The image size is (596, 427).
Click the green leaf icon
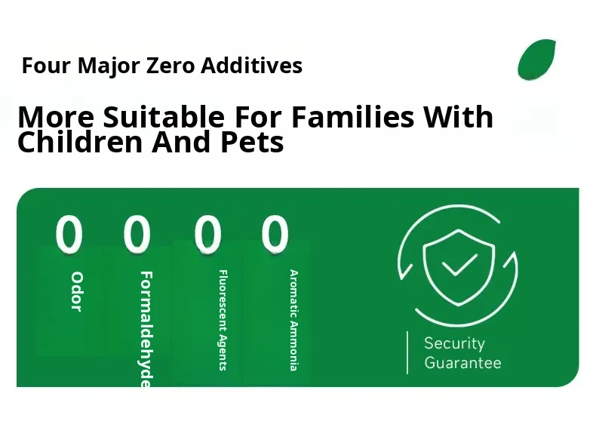[536, 60]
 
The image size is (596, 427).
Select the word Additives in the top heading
[252, 65]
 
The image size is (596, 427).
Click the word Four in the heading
[46, 66]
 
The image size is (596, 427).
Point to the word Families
[353, 116]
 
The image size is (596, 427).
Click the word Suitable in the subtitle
[164, 116]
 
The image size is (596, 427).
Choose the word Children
[80, 141]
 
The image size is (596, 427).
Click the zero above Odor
[69, 234]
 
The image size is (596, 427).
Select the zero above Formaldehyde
[137, 234]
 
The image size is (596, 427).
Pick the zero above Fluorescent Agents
[207, 234]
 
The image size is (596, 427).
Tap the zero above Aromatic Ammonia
[275, 234]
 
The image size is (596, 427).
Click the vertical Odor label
[77, 292]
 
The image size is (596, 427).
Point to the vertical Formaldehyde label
[146, 329]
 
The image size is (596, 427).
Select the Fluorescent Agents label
[223, 320]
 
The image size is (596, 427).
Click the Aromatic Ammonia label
[293, 320]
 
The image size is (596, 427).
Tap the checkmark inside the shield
[459, 264]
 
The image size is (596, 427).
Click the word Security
[455, 343]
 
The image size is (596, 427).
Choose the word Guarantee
[462, 362]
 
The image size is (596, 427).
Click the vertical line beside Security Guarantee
[407, 352]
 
